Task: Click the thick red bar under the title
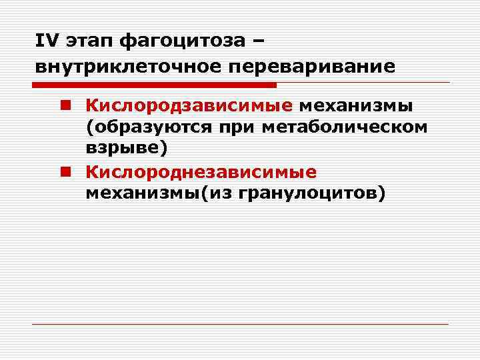pos(153,85)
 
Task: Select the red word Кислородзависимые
pos(189,106)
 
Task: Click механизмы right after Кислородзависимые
pos(356,106)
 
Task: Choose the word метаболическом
pos(345,127)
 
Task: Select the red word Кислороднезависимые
pos(200,172)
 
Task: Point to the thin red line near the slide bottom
pos(240,324)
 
